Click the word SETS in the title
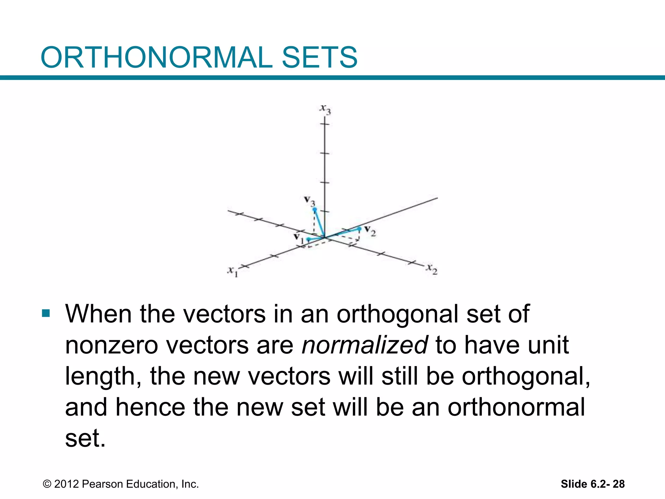click(x=320, y=58)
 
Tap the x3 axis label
click(x=325, y=109)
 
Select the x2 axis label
click(x=432, y=269)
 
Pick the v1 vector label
click(x=298, y=238)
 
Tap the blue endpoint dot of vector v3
click(x=315, y=210)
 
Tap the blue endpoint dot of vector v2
click(x=359, y=229)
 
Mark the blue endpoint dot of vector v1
click(x=308, y=239)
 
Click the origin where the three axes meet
click(x=325, y=238)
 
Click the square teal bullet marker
click(x=46, y=313)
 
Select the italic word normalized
click(x=364, y=345)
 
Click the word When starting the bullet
click(x=98, y=314)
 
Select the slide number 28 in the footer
click(x=618, y=484)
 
